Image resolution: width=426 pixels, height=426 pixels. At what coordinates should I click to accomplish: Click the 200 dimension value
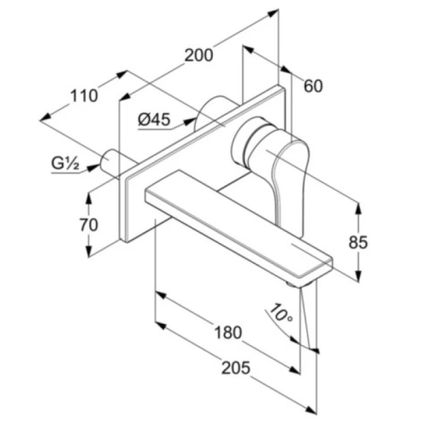point(199,55)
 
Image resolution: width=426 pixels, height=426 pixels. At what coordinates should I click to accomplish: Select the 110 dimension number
point(84,96)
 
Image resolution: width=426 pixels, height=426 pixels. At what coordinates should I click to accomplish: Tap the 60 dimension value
point(313,86)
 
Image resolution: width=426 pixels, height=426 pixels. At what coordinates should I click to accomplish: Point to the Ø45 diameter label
point(154,119)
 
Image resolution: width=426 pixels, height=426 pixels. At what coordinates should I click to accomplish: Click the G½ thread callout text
point(65,163)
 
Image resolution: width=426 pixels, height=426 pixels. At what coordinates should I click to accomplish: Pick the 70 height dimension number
point(89,225)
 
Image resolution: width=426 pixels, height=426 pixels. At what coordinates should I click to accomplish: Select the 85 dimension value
point(358,242)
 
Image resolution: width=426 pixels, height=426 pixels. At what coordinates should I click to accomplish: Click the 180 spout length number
point(228,332)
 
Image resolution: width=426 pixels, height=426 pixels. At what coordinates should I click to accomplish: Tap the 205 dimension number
point(236,368)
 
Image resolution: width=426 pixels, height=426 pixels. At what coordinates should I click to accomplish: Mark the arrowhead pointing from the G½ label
point(94,168)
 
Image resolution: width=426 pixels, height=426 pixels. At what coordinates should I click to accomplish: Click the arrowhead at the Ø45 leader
point(190,121)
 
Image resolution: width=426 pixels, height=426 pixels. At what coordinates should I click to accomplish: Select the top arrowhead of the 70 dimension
point(89,199)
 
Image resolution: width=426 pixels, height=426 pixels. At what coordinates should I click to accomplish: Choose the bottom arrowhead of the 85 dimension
point(359,275)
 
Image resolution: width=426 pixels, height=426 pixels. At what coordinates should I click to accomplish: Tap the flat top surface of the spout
point(236,217)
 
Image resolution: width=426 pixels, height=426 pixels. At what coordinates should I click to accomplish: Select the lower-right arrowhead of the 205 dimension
point(312,410)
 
